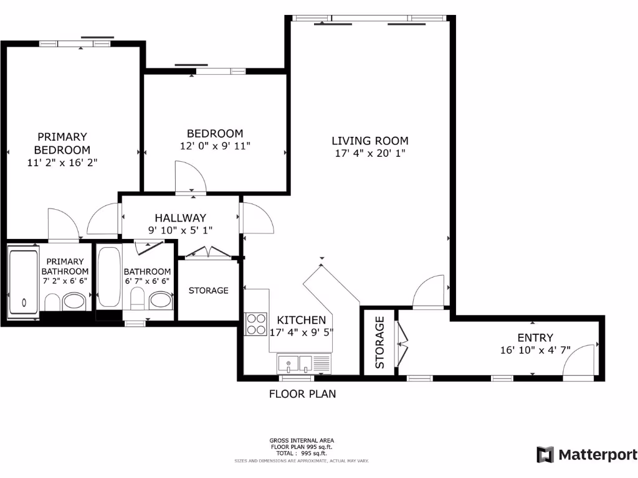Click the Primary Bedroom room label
(x=62, y=143)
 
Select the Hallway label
(x=180, y=218)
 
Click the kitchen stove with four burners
(x=255, y=323)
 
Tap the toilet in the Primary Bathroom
(x=52, y=302)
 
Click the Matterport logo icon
(x=545, y=454)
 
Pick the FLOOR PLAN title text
(x=302, y=393)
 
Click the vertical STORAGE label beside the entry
(x=380, y=342)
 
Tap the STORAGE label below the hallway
(x=208, y=290)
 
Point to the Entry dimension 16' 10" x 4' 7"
(x=535, y=349)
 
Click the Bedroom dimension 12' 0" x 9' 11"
(x=215, y=146)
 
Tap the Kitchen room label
(x=302, y=320)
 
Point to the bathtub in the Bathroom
(x=109, y=278)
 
